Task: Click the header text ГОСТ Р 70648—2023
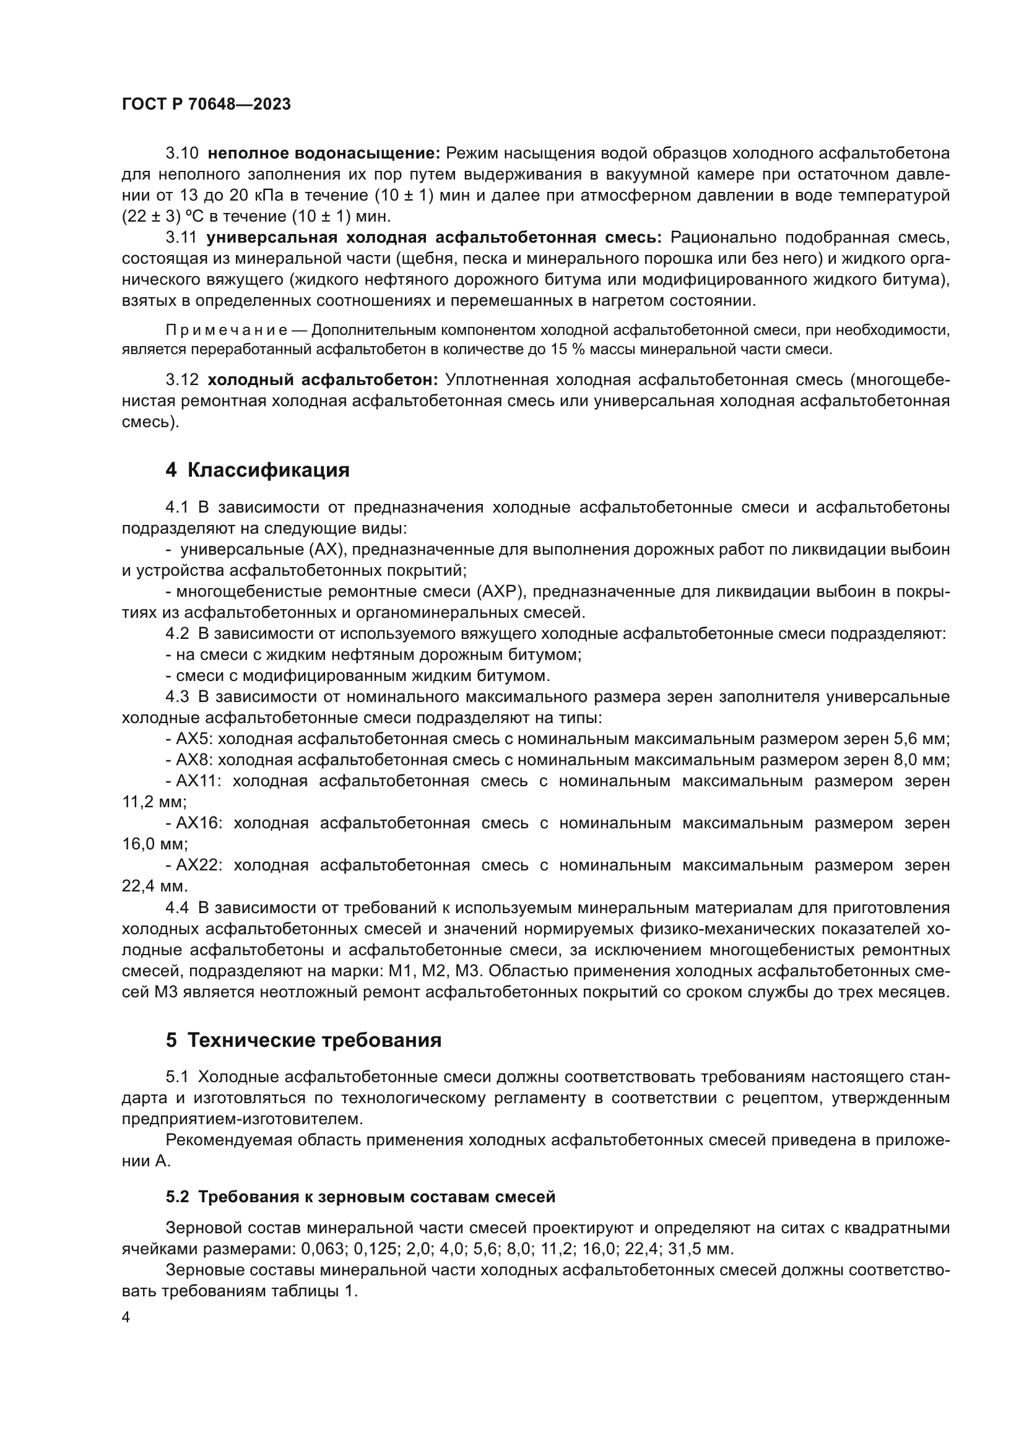(x=206, y=105)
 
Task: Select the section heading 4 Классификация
(x=258, y=470)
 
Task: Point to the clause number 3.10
(x=181, y=154)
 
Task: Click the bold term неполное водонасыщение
(x=323, y=154)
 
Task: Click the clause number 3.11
(x=181, y=238)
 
